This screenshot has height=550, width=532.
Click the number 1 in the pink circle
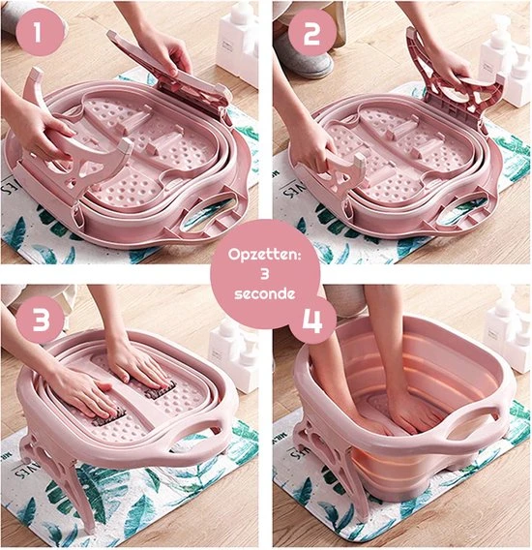tap(38, 32)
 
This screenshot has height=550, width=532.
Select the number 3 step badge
tap(42, 320)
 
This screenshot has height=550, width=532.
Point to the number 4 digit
tap(311, 321)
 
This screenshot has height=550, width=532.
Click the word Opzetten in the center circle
tap(265, 255)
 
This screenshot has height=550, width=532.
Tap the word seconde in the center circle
tap(265, 294)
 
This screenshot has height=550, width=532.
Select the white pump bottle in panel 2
tap(505, 63)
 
